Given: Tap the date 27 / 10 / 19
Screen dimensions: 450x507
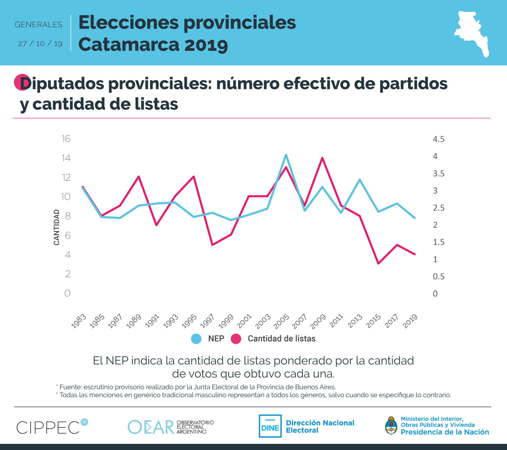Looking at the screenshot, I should point(40,44).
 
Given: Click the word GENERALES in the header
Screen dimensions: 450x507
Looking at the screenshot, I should point(38,25).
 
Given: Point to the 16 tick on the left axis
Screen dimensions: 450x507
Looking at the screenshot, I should point(66,139).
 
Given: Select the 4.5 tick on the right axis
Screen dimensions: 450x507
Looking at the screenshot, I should point(438,139).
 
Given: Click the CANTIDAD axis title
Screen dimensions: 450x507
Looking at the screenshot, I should point(56,227).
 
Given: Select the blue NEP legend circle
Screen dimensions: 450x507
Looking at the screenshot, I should point(196,339).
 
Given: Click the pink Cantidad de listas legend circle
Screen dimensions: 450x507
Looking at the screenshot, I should point(236,339).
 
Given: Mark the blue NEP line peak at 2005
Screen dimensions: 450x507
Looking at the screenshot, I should point(286,155).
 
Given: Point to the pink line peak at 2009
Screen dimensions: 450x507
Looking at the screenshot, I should point(322,158).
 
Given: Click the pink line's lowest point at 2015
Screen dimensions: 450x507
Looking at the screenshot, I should point(378,264).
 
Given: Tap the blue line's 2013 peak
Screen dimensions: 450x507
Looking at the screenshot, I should point(359,180).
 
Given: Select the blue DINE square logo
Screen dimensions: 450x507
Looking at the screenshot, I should point(270,426).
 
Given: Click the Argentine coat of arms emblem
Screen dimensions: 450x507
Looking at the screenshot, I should point(391,426).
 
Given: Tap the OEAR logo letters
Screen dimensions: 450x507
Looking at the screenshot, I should point(151,427).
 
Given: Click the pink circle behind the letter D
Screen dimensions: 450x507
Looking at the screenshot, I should point(21,82).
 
